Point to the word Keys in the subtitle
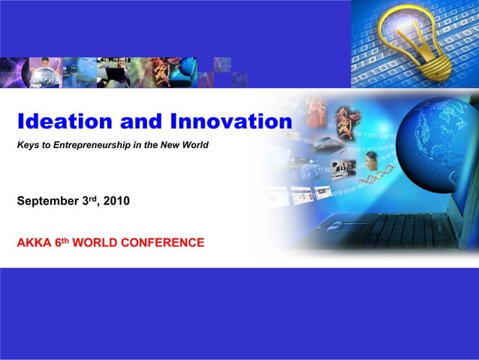pyautogui.click(x=28, y=144)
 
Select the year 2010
pyautogui.click(x=116, y=201)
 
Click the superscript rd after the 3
pyautogui.click(x=93, y=198)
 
